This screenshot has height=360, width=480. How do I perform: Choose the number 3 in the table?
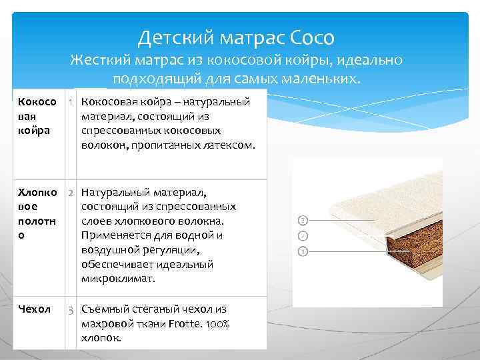click(71, 310)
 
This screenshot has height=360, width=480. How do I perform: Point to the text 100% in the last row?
click(217, 323)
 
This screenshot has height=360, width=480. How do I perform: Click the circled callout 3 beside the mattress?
click(303, 220)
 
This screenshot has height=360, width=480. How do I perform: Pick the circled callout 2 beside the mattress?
click(303, 235)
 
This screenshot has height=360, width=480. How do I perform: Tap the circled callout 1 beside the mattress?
click(303, 251)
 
